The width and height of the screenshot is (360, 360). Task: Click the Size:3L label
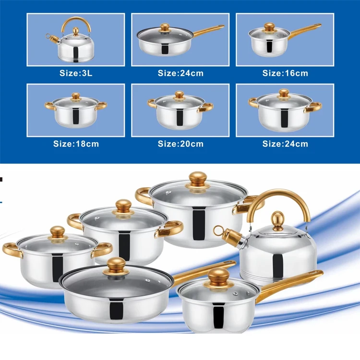point(76,73)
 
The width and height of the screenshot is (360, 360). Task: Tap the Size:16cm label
point(285,73)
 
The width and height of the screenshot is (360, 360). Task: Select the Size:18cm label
point(76,144)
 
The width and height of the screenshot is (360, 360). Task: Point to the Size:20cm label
point(180,144)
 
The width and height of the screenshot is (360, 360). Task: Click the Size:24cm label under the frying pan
point(180,73)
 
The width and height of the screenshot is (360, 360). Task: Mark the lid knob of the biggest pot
point(198,180)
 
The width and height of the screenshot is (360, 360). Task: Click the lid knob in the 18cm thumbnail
point(76,96)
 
